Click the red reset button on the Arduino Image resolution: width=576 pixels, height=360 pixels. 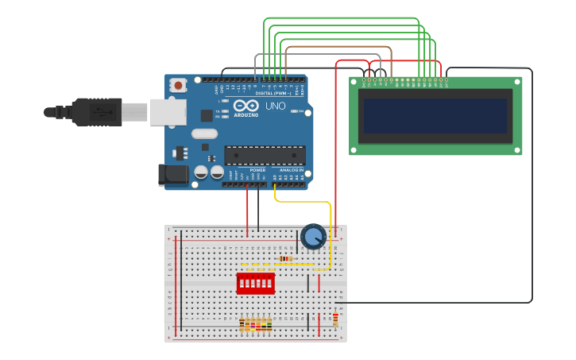[179, 85]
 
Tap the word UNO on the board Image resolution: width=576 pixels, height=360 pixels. [275, 106]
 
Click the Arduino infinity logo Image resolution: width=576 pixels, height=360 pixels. [246, 106]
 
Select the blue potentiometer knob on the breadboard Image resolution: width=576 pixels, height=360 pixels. [313, 236]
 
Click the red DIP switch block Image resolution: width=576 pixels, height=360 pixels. [255, 283]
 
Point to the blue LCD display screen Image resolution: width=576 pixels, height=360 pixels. [435, 116]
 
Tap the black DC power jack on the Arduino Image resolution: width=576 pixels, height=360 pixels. [172, 175]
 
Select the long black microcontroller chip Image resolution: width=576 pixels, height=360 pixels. [265, 154]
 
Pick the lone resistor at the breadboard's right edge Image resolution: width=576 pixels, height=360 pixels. [335, 319]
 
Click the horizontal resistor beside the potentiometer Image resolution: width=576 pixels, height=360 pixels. [286, 258]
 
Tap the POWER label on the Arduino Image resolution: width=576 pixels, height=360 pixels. [257, 170]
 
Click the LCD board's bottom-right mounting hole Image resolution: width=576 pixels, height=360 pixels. [517, 149]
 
